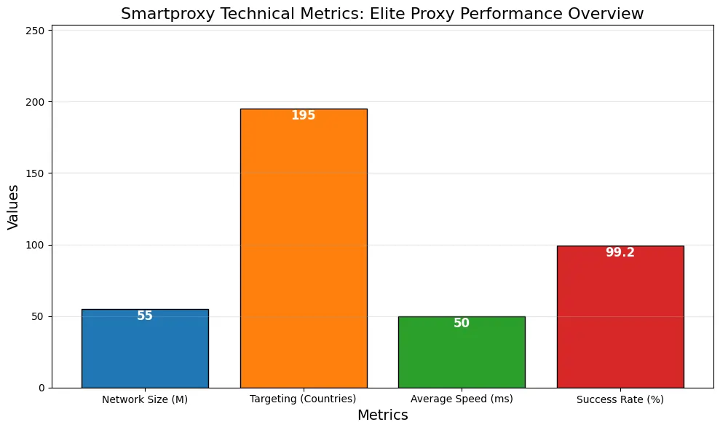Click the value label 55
point(145,316)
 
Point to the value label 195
point(303,116)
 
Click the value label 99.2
point(620,253)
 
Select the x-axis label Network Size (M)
point(145,399)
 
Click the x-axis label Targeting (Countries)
point(303,399)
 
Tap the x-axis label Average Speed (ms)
point(462,399)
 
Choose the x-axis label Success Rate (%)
point(620,399)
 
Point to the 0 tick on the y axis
point(41,388)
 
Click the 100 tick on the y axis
point(36,245)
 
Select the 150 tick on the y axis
point(36,173)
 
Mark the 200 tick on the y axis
point(36,102)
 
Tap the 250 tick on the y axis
point(36,31)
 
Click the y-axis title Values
point(13,206)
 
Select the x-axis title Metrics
point(382,415)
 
